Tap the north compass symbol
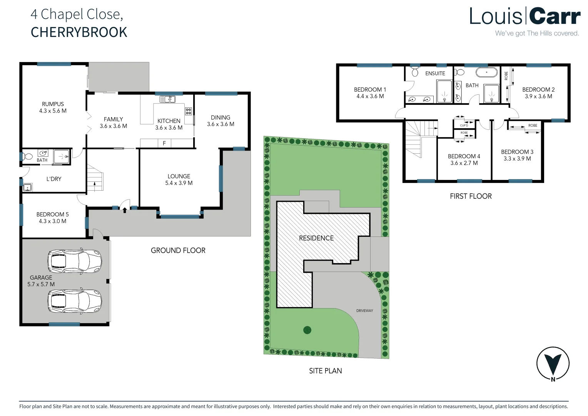(553, 363)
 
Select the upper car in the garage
(75, 261)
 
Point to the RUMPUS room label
(53, 104)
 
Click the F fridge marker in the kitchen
(164, 143)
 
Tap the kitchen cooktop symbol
(189, 111)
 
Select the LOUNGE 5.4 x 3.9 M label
(179, 179)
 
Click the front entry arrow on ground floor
(125, 210)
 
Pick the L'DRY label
(54, 179)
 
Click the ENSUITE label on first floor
(435, 73)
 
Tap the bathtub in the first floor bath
(486, 72)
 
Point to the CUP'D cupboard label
(464, 126)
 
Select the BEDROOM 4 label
(464, 156)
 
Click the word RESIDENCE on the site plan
(316, 238)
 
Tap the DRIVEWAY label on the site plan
(364, 310)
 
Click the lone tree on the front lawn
(307, 330)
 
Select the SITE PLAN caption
(326, 371)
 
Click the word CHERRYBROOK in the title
(79, 32)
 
